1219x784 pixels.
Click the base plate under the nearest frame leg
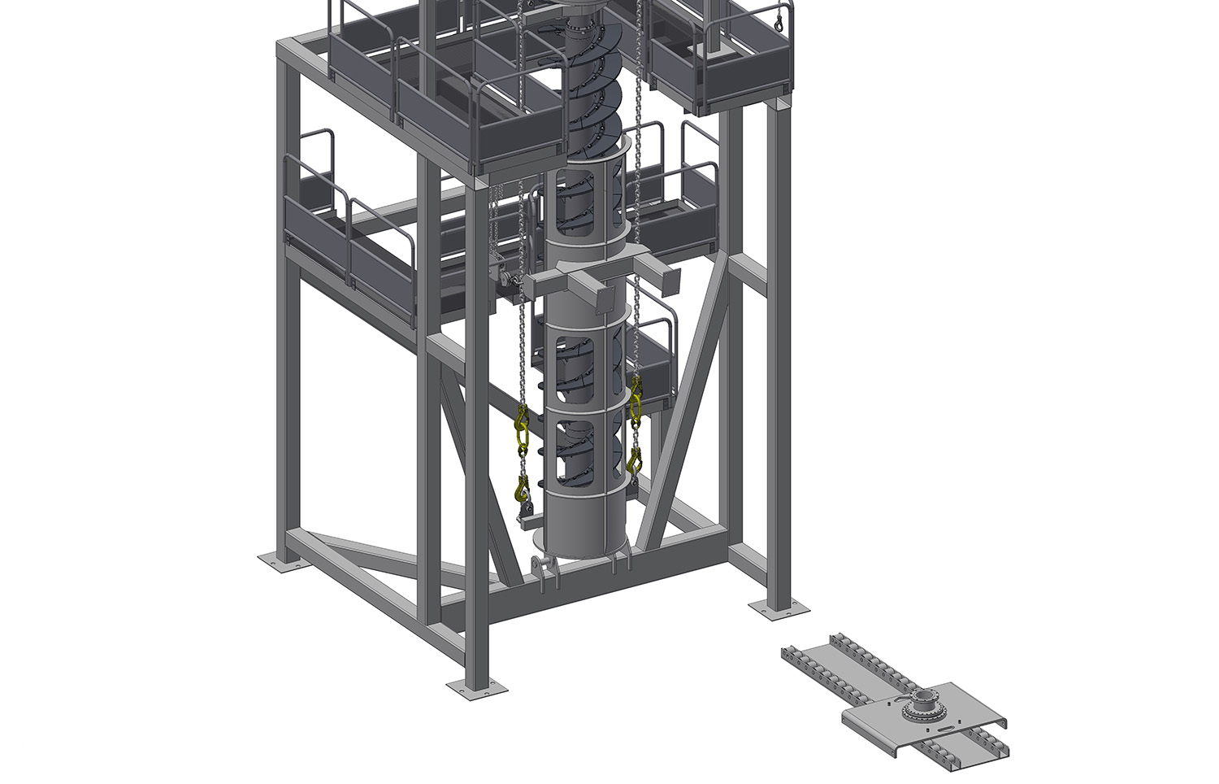point(477,689)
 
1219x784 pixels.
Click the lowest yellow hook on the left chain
point(522,490)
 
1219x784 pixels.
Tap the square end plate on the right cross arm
point(671,280)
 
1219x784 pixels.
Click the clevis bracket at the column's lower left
point(544,569)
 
